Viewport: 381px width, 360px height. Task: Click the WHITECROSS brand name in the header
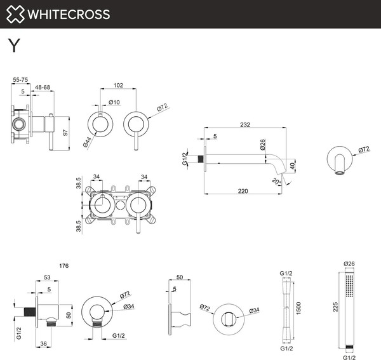(x=70, y=14)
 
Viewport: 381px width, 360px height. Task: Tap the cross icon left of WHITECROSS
(x=17, y=14)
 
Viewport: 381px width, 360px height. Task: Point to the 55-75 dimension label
(x=20, y=80)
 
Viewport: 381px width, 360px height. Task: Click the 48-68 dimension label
(x=43, y=88)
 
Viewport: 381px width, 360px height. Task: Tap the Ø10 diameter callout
(x=115, y=102)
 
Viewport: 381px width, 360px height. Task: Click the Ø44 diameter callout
(x=86, y=143)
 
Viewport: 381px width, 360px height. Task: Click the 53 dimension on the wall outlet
(x=48, y=277)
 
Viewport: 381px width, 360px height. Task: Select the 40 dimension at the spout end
(x=293, y=166)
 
